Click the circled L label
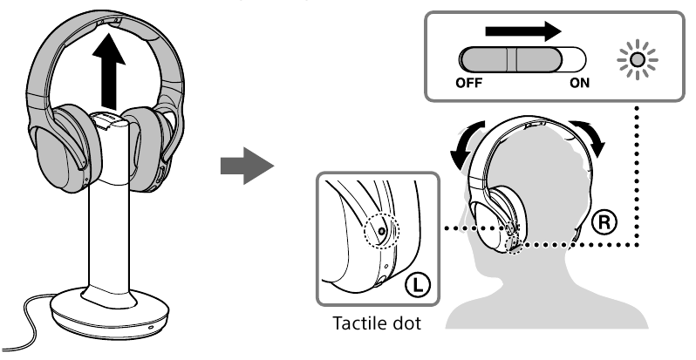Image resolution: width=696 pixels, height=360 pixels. pyautogui.click(x=417, y=282)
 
